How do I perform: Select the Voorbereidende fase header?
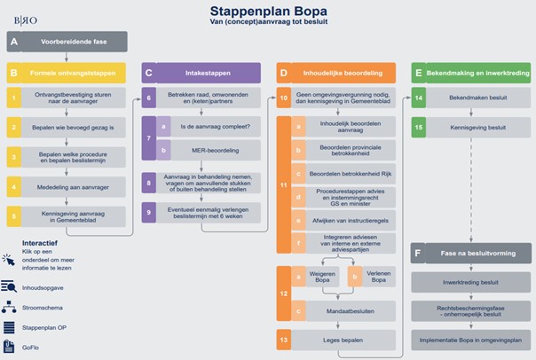pos(75,41)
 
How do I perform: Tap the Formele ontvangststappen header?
pos(75,72)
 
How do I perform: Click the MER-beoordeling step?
pos(217,152)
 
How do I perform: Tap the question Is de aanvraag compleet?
pos(217,126)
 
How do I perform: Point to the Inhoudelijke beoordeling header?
pos(342,72)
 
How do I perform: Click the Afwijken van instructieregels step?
pos(352,218)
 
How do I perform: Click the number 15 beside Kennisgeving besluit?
pos(418,128)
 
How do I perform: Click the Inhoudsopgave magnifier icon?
pos(10,286)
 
